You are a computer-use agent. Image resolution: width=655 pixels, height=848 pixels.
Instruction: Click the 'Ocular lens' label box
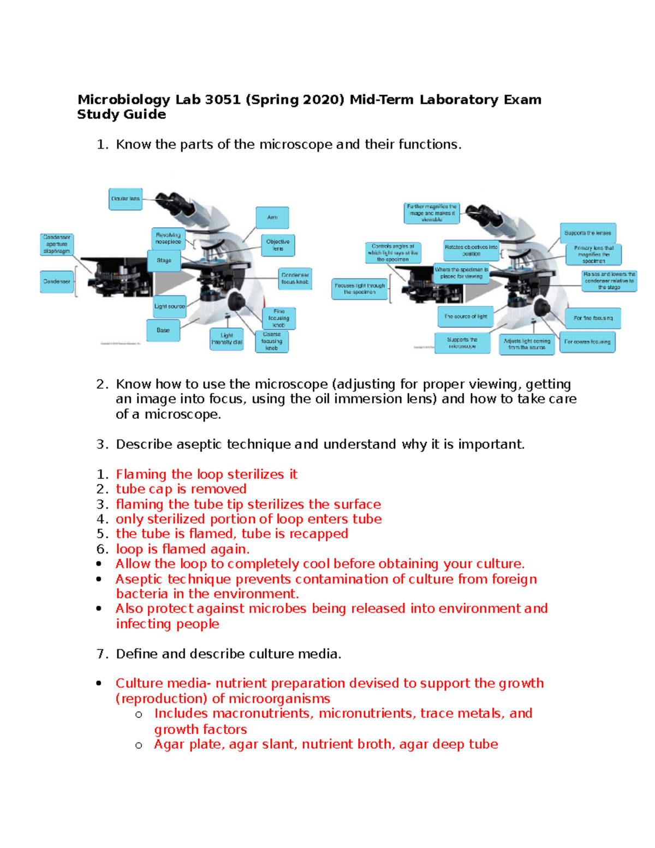click(126, 199)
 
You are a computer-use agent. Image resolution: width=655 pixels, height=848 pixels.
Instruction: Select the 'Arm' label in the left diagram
click(272, 217)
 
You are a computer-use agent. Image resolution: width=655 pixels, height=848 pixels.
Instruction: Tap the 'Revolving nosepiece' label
click(168, 239)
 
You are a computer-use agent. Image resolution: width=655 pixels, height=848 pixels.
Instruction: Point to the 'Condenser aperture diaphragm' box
click(57, 245)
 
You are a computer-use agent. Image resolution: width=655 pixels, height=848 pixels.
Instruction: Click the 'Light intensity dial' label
click(227, 339)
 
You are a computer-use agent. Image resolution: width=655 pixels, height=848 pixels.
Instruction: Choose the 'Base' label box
click(163, 330)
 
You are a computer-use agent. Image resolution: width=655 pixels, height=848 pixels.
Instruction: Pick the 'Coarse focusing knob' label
click(272, 341)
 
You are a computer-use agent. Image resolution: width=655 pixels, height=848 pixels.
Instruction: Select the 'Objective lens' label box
click(278, 245)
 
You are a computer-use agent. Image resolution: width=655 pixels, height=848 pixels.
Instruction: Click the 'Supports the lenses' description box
click(588, 233)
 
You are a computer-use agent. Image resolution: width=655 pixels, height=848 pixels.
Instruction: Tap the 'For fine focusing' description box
click(593, 318)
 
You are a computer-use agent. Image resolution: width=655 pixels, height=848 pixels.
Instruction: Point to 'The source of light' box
click(466, 317)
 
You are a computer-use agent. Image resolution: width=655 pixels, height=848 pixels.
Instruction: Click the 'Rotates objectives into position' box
click(471, 251)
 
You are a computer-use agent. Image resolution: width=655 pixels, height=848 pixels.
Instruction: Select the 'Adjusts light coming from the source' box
click(527, 344)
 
